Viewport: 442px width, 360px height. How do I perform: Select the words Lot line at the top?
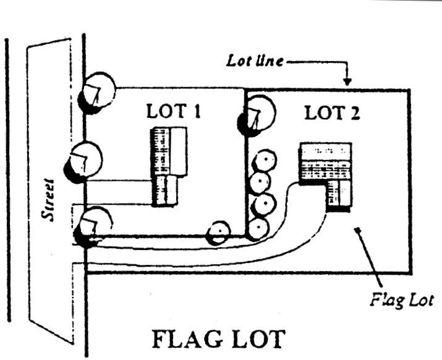(x=254, y=62)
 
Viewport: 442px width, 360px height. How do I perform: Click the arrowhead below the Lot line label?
(x=347, y=81)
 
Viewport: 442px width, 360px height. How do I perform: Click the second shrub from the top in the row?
(x=260, y=183)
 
